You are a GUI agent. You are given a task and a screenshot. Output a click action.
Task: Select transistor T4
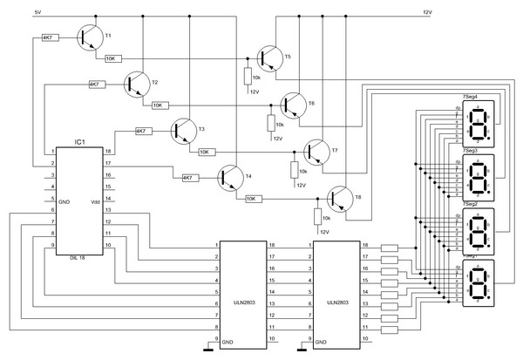(x=228, y=178)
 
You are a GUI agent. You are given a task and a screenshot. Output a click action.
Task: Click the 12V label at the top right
(x=427, y=12)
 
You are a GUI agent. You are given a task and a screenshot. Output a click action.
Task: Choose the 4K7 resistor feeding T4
(x=188, y=178)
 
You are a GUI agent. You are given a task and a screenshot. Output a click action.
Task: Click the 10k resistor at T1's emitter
(x=112, y=58)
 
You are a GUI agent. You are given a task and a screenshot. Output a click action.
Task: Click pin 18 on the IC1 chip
(x=108, y=152)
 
